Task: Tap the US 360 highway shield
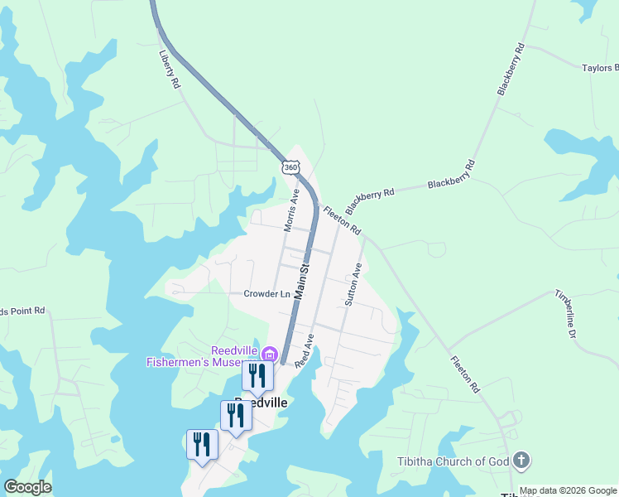(290, 166)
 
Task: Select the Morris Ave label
(291, 211)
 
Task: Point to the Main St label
(303, 281)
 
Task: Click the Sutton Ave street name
(353, 285)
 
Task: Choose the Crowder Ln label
(266, 294)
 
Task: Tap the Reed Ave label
(305, 351)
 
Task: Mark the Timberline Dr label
(565, 315)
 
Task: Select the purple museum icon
(267, 355)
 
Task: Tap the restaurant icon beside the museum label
(257, 375)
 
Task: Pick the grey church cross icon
(521, 459)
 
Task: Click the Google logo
(27, 487)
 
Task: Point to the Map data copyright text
(569, 490)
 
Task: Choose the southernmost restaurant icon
(202, 445)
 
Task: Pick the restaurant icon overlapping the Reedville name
(236, 415)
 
